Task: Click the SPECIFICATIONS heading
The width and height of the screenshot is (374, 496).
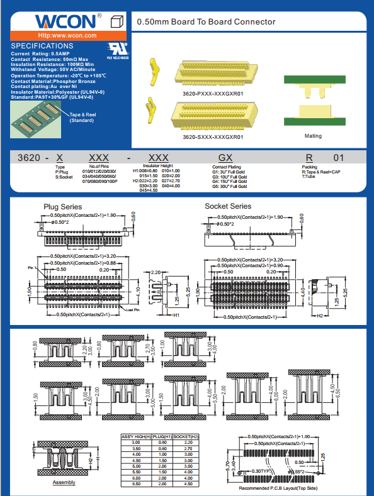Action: pos(42,46)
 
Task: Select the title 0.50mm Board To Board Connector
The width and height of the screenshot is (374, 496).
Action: pos(206,22)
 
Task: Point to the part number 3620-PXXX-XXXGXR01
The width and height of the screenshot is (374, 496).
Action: pos(213,94)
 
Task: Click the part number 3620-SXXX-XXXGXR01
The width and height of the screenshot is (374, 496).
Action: pos(213,136)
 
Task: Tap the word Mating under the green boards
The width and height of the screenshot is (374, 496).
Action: pos(313,136)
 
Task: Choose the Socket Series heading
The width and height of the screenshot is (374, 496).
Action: pos(227,206)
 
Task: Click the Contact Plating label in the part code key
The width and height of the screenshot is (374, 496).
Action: pos(228,167)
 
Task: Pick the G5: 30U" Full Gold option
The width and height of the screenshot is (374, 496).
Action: pos(230,187)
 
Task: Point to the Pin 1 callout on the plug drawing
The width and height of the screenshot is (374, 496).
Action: pos(33,268)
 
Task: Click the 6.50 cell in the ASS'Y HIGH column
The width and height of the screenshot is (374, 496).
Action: pos(135,483)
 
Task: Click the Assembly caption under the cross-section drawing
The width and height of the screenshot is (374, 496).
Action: pos(64,483)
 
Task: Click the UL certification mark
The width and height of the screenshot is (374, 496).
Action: pos(117,48)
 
